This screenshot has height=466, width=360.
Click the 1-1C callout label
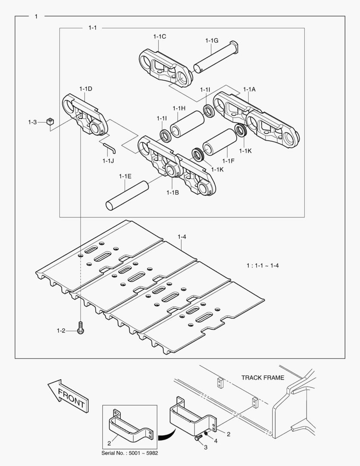(x=160, y=37)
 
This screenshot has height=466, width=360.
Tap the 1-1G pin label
(x=211, y=41)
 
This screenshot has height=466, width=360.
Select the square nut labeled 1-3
(x=50, y=122)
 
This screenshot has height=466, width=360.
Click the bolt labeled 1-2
(x=80, y=329)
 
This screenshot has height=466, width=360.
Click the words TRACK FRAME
(x=263, y=378)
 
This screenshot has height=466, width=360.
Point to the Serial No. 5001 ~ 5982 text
(x=129, y=453)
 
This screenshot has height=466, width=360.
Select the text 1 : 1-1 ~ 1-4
(x=263, y=265)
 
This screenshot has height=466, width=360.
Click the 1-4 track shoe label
(x=182, y=236)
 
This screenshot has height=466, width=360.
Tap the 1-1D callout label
(x=85, y=88)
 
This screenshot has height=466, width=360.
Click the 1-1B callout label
(x=172, y=192)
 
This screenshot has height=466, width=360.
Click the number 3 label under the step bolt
(x=206, y=447)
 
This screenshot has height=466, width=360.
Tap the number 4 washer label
(x=216, y=441)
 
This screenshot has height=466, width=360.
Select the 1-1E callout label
(x=125, y=176)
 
